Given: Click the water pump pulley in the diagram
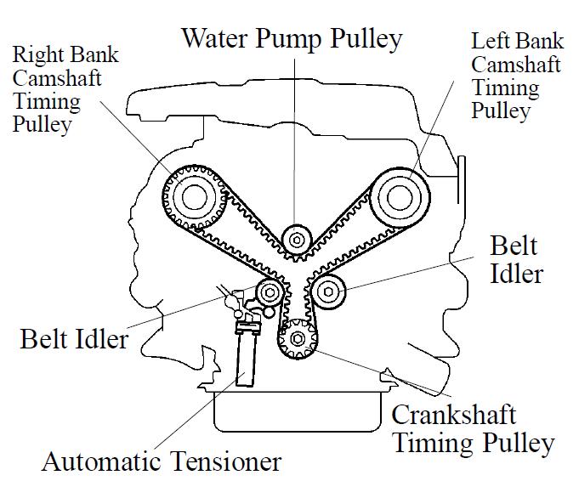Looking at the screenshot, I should coord(297,240).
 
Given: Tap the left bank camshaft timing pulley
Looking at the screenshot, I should coord(398,197).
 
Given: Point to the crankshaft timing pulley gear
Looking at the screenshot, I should coord(298,339).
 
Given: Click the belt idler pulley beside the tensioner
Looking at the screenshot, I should coord(270,294).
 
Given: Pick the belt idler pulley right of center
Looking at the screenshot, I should coord(328,292).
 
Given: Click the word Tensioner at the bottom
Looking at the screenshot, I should coord(222,462).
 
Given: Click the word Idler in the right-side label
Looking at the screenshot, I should coord(517,273).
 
